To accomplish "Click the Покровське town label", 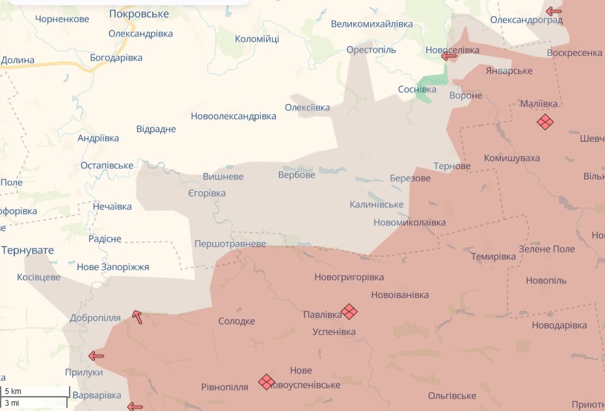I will pos(139,14).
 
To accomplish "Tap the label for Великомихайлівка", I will pos(371,24).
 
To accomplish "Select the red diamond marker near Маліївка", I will pos(545,122).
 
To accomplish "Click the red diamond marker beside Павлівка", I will pos(349,312).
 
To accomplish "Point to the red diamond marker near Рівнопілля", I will pos(266,382).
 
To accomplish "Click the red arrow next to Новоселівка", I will pos(449,57).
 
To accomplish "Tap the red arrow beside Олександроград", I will pos(554,11).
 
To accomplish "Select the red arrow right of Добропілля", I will pos(137,317).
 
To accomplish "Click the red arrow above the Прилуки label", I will pos(96,356).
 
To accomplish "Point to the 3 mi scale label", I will pos(12,403).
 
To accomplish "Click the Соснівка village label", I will pos(417,89).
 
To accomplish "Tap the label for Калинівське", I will pos(377,205).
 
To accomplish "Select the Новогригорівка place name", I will pos(349,277).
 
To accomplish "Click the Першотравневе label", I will pos(230,244).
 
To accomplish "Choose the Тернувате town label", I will pos(27,250).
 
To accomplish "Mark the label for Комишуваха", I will pos(511,158).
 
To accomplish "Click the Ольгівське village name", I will pos(452,396).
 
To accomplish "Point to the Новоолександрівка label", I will pos(234,116).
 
